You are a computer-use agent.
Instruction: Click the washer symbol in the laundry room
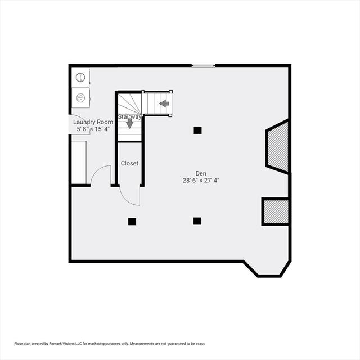(x=80, y=78)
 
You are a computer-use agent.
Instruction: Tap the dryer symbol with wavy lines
(x=80, y=98)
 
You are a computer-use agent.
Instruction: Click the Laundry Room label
(x=93, y=122)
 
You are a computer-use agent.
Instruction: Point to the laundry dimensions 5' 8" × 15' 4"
(x=93, y=129)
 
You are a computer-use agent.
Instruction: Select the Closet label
(x=129, y=163)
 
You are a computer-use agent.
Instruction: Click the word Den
(x=201, y=173)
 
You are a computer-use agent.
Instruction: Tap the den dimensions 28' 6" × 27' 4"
(x=201, y=181)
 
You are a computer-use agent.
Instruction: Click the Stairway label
(x=129, y=116)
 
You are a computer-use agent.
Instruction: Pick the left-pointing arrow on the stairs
(x=164, y=103)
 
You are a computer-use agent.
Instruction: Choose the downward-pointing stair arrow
(x=130, y=124)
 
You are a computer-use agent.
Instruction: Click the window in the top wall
(x=204, y=66)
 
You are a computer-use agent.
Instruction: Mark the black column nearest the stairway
(x=197, y=130)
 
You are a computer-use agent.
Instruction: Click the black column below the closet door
(x=132, y=222)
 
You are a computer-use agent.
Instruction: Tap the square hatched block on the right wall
(x=276, y=211)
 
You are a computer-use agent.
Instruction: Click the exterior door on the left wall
(x=74, y=124)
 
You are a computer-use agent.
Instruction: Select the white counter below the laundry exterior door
(x=79, y=163)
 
